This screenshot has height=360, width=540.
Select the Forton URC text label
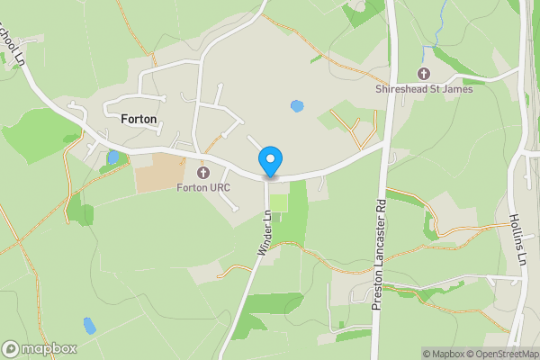(203, 187)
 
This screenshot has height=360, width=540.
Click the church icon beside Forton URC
(203, 172)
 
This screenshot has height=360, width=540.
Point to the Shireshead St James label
(424, 88)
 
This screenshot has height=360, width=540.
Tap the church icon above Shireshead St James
(424, 73)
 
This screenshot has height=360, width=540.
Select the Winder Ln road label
(264, 235)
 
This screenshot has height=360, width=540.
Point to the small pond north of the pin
(297, 106)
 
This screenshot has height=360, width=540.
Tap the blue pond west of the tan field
(112, 157)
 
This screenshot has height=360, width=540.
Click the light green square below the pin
(279, 202)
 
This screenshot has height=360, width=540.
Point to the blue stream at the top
(438, 31)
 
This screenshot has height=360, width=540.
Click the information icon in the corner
(414, 354)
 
